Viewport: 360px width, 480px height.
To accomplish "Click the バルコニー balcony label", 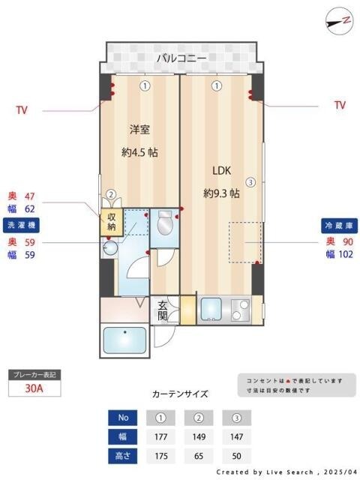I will (x=181, y=58).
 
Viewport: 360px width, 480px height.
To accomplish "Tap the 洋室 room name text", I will (x=139, y=128).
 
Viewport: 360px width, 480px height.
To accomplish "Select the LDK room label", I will (x=221, y=169).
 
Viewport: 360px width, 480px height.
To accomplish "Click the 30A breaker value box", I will (x=33, y=389).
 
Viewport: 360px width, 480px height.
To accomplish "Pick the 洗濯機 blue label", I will (x=21, y=225).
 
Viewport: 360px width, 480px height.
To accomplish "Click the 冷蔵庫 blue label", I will (x=337, y=225).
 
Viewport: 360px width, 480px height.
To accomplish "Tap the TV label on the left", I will (x=22, y=109).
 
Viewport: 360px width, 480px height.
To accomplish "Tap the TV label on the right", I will (x=340, y=106).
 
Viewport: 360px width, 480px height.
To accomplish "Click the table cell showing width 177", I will (x=160, y=436).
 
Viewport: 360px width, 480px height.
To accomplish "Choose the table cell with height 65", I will (x=198, y=454).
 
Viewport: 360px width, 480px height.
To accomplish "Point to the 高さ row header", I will (x=124, y=454).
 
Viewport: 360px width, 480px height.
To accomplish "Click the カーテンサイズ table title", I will (x=180, y=394).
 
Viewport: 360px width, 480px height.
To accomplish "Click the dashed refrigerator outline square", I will (x=244, y=242).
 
